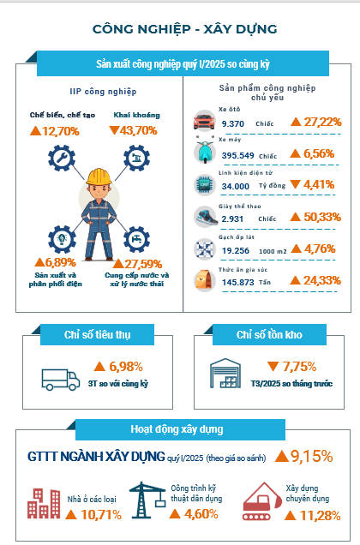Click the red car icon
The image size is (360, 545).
click(x=204, y=121)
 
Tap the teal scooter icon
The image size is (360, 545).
click(x=205, y=152)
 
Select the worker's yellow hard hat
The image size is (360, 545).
click(x=99, y=177)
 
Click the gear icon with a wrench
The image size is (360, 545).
click(x=62, y=159)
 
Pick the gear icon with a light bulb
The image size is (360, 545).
click(x=62, y=239)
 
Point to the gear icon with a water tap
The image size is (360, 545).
click(x=136, y=239)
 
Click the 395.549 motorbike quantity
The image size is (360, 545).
click(x=238, y=155)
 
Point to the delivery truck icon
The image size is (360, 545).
click(x=61, y=380)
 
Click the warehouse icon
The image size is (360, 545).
click(x=225, y=374)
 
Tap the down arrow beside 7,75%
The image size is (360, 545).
click(x=273, y=366)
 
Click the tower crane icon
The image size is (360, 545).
click(x=147, y=500)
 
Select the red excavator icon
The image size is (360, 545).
click(x=262, y=501)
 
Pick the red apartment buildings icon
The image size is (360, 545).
click(x=44, y=503)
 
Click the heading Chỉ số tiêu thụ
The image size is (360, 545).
click(x=98, y=335)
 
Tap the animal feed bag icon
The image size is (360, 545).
click(x=204, y=280)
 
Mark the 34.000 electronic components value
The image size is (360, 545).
click(x=236, y=186)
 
